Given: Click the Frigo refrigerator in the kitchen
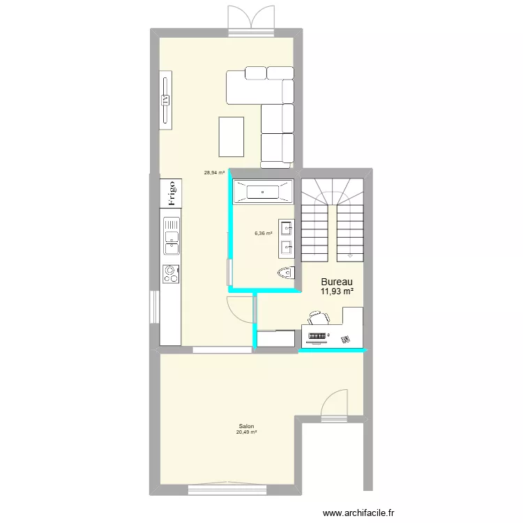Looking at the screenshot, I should (x=169, y=193).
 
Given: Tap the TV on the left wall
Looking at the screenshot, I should (x=165, y=100).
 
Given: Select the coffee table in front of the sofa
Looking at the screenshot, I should (x=232, y=137).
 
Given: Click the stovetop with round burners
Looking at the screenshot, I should (x=169, y=274).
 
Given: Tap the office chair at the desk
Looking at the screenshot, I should (x=318, y=319).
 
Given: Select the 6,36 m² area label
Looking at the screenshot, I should (x=263, y=234).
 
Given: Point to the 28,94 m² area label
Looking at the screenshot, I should (x=214, y=172).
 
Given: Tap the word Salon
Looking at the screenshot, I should (x=246, y=426).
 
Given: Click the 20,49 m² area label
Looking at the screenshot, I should (x=246, y=432).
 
